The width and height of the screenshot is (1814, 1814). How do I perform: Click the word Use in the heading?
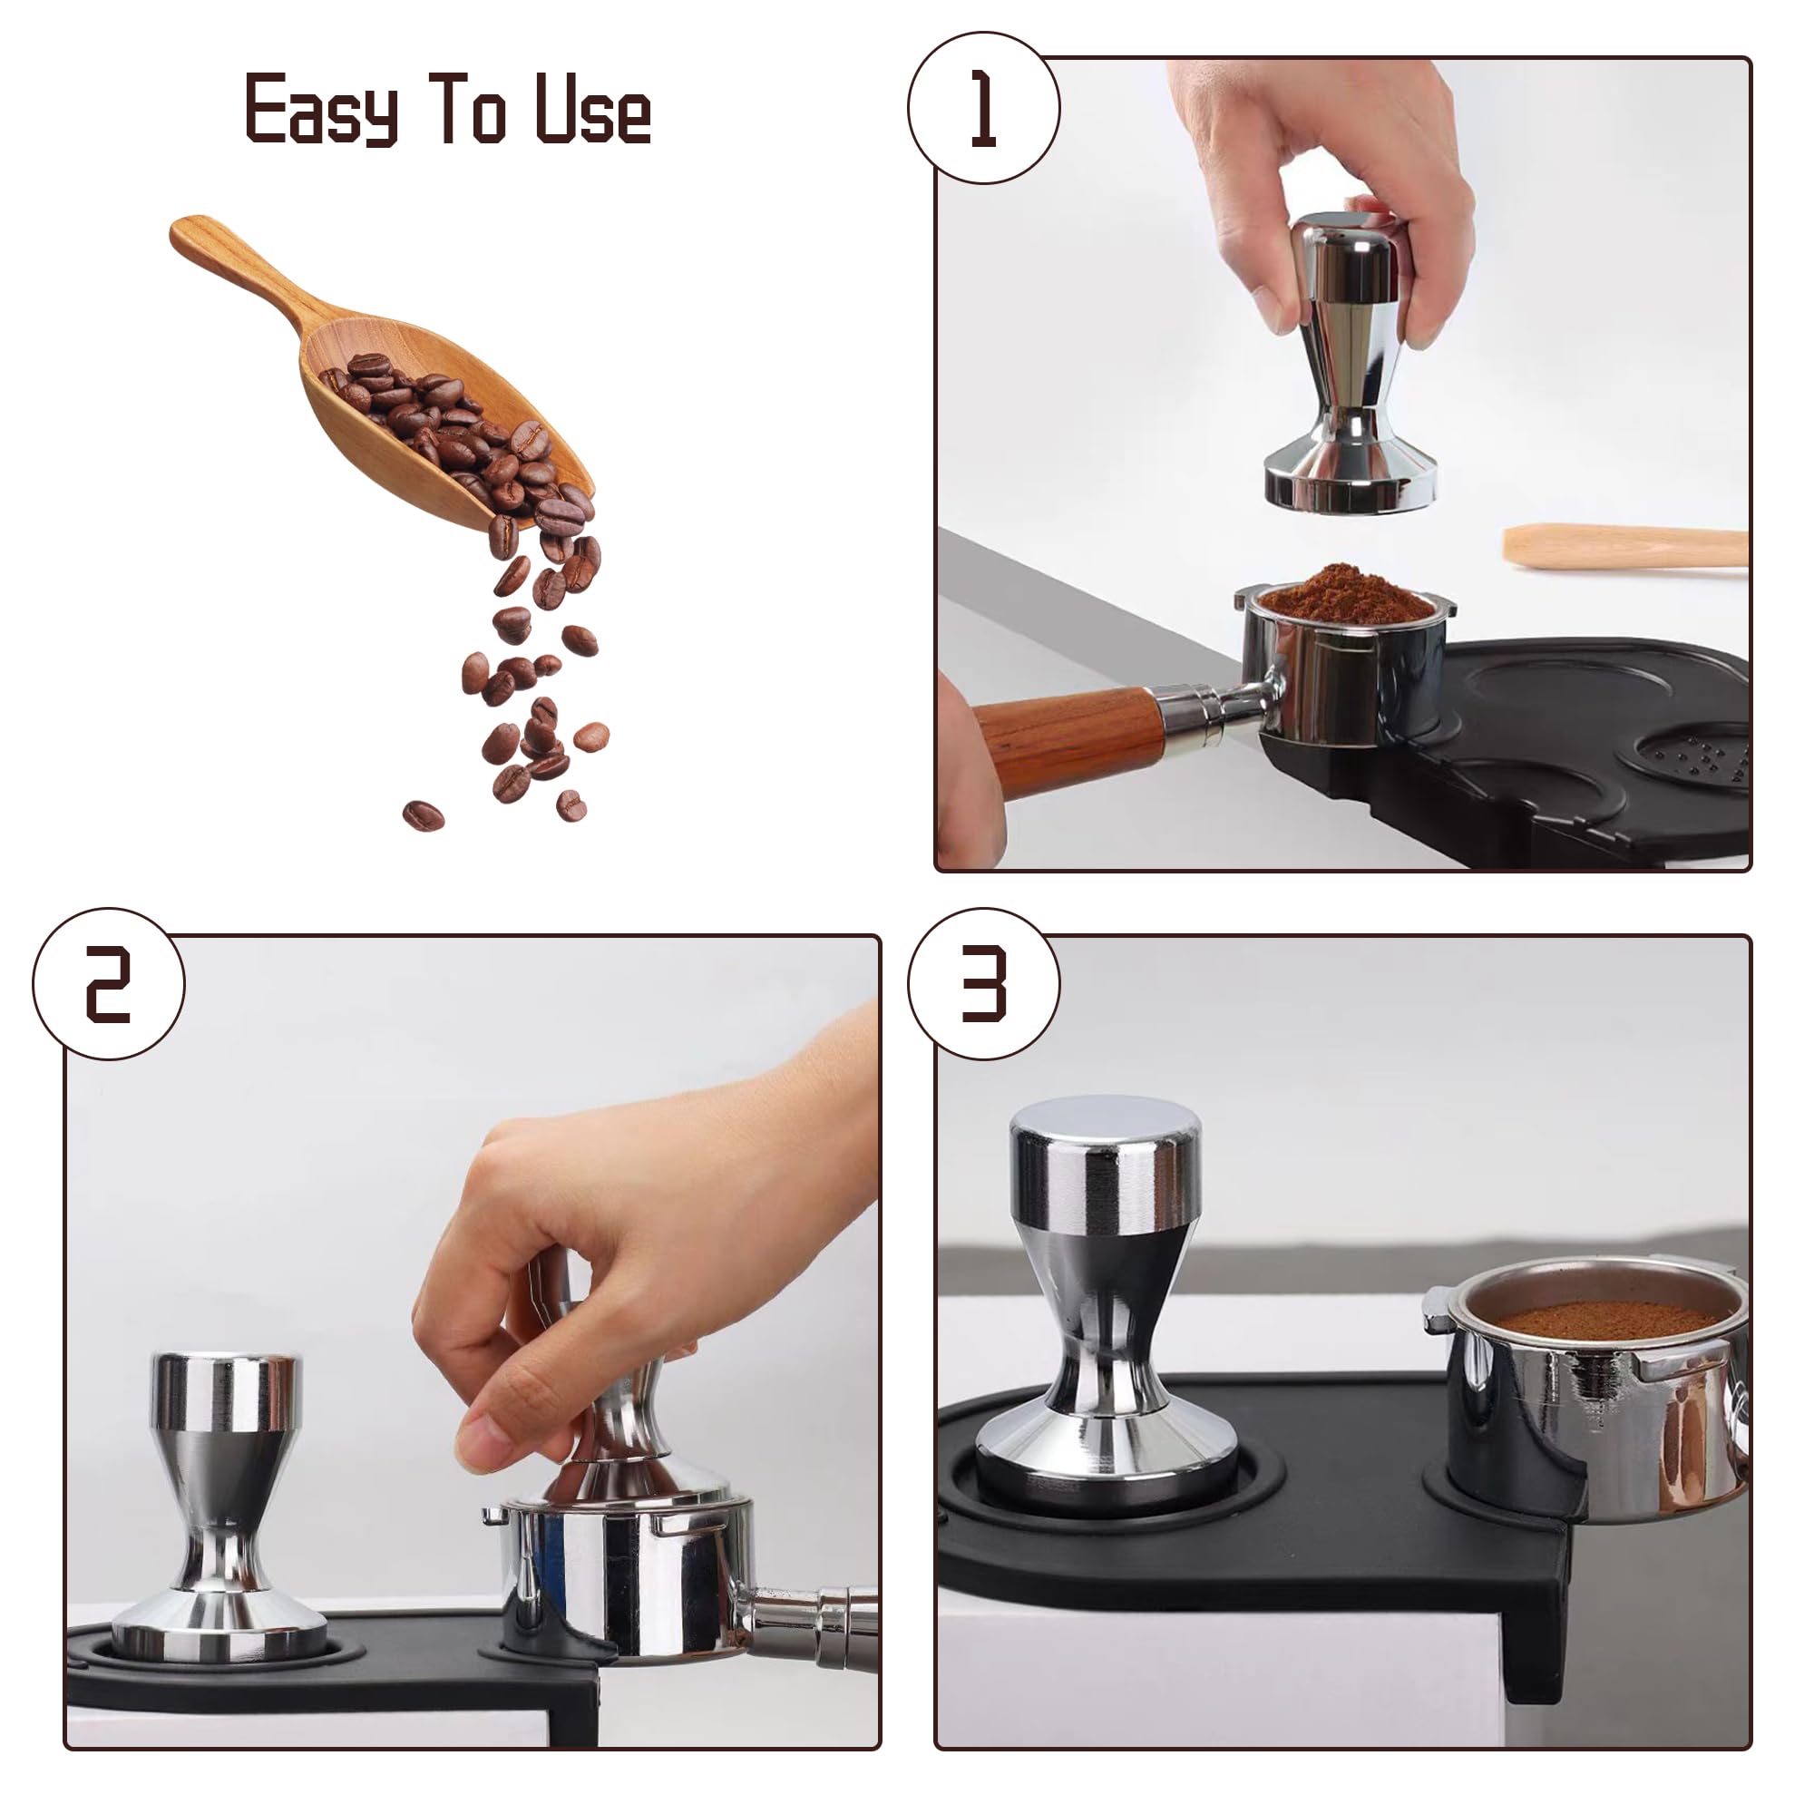[592, 110]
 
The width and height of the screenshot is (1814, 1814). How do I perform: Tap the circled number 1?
[983, 108]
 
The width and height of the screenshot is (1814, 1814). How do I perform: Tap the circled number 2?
[108, 984]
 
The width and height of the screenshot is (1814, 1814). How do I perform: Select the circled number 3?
[983, 984]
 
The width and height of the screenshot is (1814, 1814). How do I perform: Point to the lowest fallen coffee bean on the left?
[423, 814]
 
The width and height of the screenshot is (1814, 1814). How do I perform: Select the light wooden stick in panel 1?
[1624, 546]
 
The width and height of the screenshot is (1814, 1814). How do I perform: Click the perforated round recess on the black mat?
[1690, 756]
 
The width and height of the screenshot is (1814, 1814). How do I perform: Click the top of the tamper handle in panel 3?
[1104, 1122]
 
